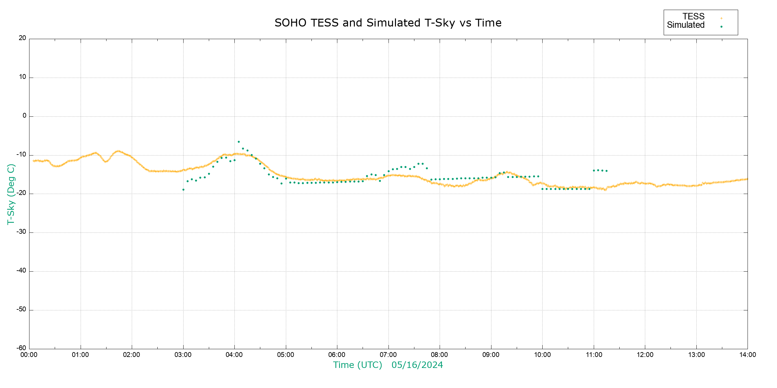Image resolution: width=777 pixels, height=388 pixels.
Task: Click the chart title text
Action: (388, 23)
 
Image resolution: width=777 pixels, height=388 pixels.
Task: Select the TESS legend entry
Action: (693, 16)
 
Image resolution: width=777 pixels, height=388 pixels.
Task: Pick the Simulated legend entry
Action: (686, 25)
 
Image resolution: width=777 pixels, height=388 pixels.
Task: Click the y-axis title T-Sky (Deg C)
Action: (11, 194)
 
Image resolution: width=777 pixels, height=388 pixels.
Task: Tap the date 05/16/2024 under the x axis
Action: (417, 365)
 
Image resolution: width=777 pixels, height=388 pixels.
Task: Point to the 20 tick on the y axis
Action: (22, 38)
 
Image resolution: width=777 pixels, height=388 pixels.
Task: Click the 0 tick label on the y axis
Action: (24, 116)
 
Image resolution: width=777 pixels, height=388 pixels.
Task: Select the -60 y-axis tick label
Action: (21, 348)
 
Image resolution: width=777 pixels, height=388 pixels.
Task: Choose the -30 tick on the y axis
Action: (21, 232)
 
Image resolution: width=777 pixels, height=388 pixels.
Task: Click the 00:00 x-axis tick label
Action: (29, 355)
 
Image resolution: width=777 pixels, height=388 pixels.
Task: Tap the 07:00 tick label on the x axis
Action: (388, 355)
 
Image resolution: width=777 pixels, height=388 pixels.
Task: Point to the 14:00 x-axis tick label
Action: (748, 355)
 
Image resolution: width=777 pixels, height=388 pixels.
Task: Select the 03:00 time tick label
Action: (183, 355)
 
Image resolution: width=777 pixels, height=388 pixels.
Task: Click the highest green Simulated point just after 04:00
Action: (239, 142)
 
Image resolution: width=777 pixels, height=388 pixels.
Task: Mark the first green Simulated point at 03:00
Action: (183, 190)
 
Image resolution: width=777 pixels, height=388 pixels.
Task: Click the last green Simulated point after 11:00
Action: (606, 171)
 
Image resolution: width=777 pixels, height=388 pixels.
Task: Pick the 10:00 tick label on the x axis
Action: (542, 355)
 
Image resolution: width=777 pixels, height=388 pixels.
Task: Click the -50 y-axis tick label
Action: (21, 309)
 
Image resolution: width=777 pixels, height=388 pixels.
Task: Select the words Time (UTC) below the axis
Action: (357, 365)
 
